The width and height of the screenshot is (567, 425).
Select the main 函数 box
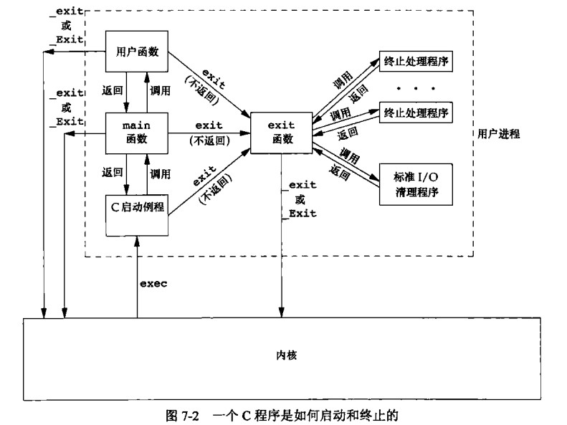pos(137,133)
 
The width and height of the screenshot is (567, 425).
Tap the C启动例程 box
pos(137,209)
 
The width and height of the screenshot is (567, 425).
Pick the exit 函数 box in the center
pos(280,133)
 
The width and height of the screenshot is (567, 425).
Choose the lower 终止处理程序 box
pos(416,113)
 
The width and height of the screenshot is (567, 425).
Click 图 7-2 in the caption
pos(184,413)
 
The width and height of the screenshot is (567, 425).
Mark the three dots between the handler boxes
pos(416,87)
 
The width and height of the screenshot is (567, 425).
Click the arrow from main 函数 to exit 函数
pos(209,133)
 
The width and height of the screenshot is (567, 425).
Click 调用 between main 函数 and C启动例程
pos(160,173)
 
